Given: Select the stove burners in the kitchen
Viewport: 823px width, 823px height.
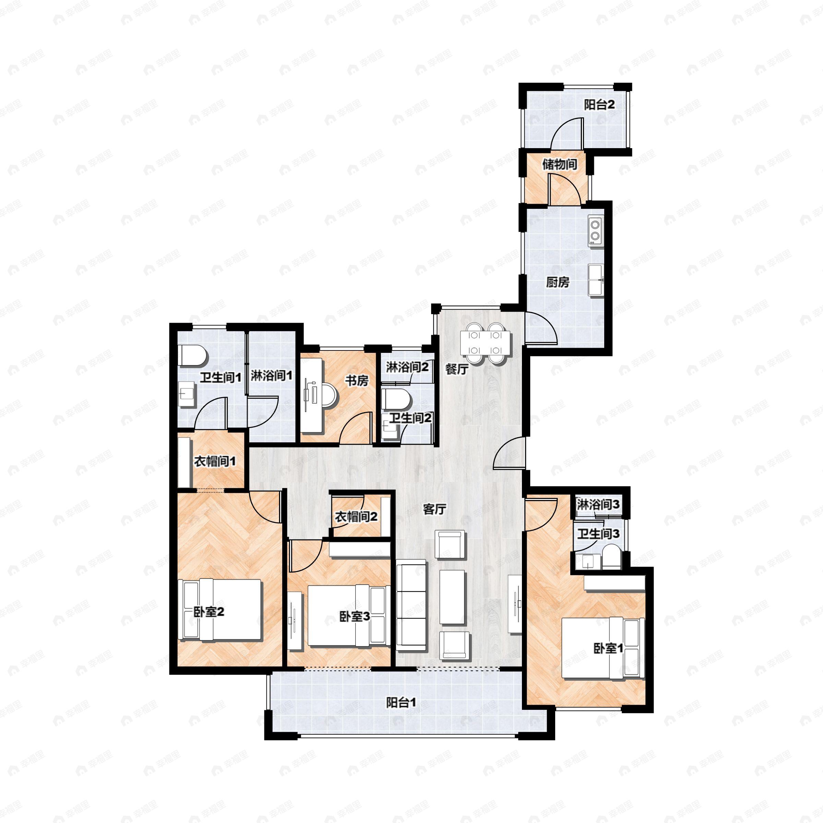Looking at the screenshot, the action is [x=595, y=230].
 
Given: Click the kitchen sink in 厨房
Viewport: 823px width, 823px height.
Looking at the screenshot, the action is [x=595, y=280].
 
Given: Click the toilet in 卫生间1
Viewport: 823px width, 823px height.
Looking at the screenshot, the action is [x=193, y=355].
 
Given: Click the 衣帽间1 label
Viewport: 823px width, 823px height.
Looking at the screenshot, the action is [x=215, y=461].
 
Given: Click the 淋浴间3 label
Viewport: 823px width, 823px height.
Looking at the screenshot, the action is [x=598, y=505].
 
